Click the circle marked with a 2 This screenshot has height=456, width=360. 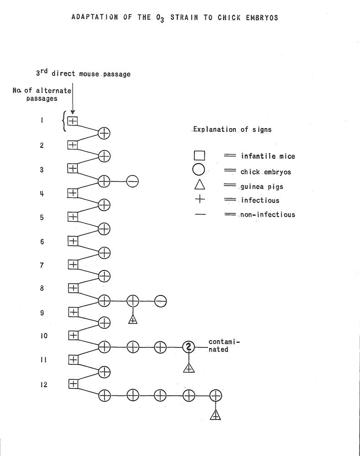[x=188, y=347]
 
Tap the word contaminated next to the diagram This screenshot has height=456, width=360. [x=224, y=346]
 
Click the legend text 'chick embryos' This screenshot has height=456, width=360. [x=266, y=172]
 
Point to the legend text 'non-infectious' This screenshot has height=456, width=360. [x=268, y=214]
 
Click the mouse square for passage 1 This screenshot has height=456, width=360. [x=73, y=121]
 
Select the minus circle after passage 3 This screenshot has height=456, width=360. [x=132, y=181]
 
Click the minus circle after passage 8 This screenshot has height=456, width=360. [x=160, y=301]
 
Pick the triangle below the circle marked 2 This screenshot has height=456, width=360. [x=188, y=367]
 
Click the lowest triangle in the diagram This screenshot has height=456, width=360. [x=215, y=414]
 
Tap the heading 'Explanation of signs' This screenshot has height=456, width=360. [x=232, y=130]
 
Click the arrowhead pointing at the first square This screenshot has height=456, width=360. [x=72, y=112]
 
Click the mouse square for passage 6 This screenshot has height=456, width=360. [x=73, y=240]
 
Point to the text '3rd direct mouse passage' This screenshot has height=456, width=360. [x=83, y=73]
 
